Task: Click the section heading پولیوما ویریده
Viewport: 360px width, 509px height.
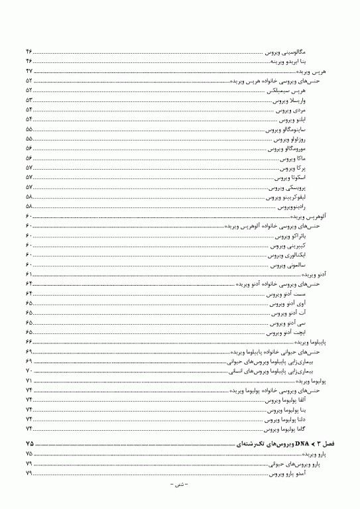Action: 309,382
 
